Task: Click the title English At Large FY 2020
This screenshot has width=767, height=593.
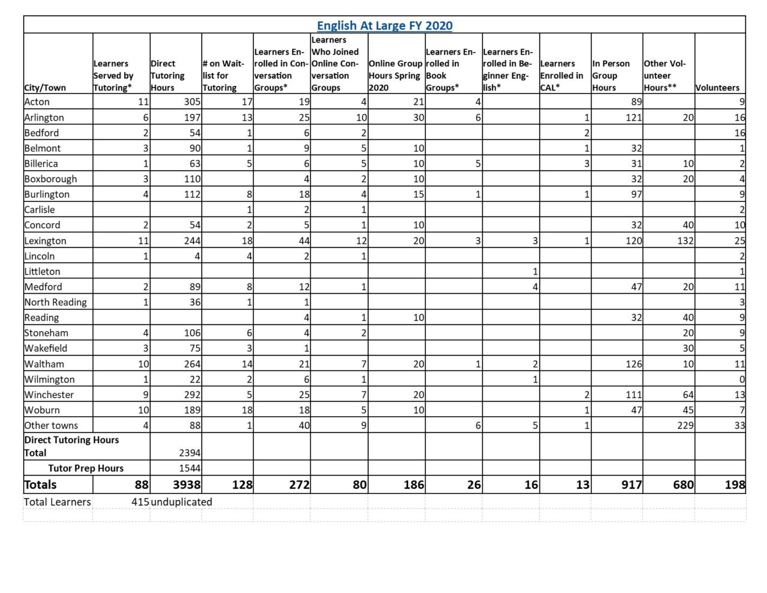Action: click(x=385, y=25)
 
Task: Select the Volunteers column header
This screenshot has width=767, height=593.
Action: click(x=717, y=88)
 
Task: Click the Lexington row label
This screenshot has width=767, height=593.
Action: click(x=46, y=240)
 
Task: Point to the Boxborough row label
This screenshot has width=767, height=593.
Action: click(x=51, y=179)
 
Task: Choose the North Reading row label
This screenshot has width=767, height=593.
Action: click(x=56, y=302)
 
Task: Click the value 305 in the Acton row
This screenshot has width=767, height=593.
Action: click(x=192, y=102)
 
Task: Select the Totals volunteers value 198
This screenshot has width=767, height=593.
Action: click(x=735, y=484)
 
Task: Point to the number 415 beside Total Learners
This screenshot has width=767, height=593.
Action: click(x=141, y=502)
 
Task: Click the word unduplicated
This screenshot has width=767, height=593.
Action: click(x=182, y=502)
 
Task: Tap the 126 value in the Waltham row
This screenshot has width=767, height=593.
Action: click(x=634, y=364)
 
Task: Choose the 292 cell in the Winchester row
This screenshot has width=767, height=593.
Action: click(x=192, y=395)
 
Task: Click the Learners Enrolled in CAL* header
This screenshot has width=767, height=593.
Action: click(x=561, y=76)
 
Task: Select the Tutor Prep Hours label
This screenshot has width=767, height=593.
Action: click(x=86, y=468)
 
